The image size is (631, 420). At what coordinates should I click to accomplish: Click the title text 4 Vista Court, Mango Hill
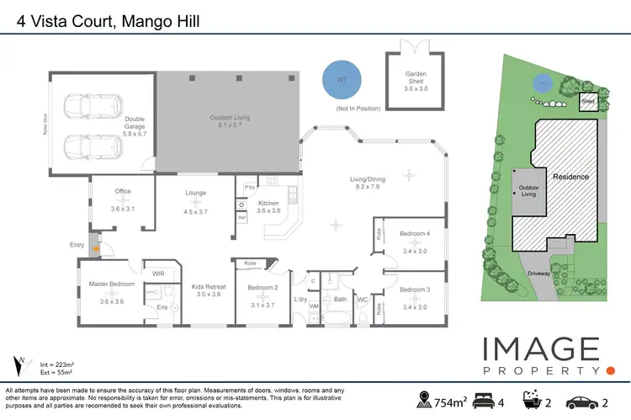[x=108, y=19]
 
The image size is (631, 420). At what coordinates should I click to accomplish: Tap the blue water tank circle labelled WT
[x=341, y=79]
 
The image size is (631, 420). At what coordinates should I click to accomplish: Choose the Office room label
[x=123, y=191]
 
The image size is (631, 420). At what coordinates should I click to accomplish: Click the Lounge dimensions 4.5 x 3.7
[x=195, y=212]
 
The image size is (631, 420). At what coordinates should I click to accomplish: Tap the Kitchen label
[x=268, y=203]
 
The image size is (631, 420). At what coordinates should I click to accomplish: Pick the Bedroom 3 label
[x=414, y=290]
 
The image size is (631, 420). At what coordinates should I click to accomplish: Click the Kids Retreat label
[x=207, y=286]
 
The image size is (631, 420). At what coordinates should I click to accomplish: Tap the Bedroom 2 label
[x=262, y=288]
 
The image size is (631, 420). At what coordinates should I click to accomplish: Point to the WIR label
[x=157, y=274]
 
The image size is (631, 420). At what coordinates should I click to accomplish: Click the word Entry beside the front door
[x=77, y=245]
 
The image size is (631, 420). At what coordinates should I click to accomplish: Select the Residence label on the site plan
[x=570, y=177]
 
